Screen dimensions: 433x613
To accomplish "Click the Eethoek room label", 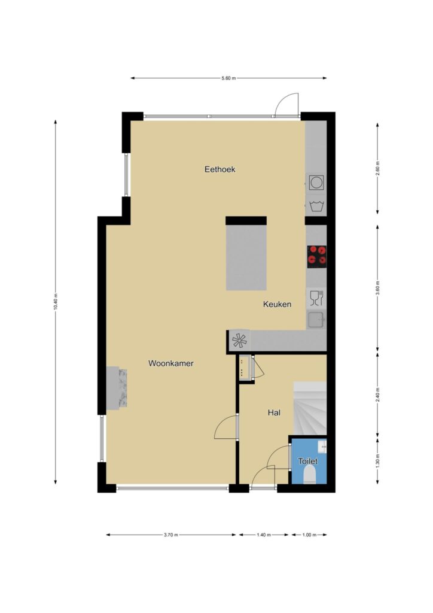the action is click(x=220, y=169).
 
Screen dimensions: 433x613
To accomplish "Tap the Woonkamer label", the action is click(x=171, y=363).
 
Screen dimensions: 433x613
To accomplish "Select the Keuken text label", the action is click(x=278, y=304).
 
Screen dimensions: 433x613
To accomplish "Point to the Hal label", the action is click(x=274, y=412).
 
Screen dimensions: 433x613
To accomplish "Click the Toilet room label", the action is click(x=308, y=461).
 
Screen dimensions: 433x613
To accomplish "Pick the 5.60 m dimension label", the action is click(x=229, y=78).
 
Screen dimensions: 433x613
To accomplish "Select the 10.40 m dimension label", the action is click(x=56, y=302).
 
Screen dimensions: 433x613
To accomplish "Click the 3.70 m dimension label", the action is click(x=171, y=535).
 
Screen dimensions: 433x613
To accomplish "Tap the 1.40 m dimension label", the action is click(x=264, y=535).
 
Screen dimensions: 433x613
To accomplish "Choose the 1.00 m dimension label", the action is click(x=309, y=535).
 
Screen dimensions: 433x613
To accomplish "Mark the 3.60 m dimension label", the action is click(x=377, y=288).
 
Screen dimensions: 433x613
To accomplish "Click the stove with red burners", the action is click(x=316, y=256).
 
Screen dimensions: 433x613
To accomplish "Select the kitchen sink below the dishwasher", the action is click(x=316, y=320).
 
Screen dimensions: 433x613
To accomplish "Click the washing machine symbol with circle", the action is click(x=316, y=183).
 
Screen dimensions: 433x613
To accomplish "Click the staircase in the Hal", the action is click(x=310, y=408).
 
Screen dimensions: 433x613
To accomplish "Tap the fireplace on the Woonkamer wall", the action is click(x=117, y=388).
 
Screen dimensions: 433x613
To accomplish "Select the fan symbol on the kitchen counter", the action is click(x=239, y=341).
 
